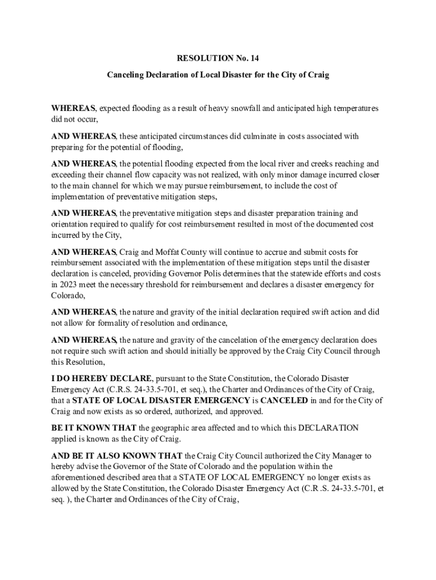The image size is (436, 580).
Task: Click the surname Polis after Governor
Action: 223,273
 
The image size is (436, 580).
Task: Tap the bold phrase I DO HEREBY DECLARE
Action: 101,378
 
